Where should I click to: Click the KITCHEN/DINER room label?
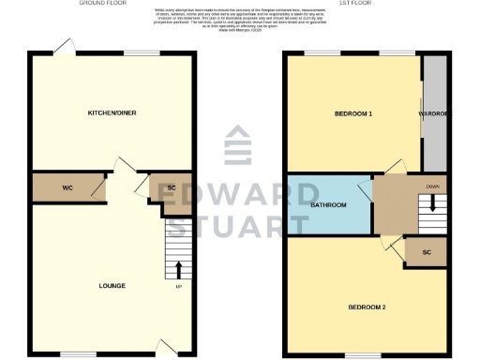click(113, 112)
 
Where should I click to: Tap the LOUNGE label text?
click(112, 285)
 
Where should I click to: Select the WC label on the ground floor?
click(67, 188)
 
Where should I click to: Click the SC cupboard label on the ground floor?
click(172, 188)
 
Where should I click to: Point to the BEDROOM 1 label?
click(354, 114)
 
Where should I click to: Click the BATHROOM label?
click(329, 204)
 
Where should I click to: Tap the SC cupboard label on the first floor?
click(427, 252)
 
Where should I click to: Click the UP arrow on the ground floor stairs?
click(178, 270)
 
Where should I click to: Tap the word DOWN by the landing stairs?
click(431, 187)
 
